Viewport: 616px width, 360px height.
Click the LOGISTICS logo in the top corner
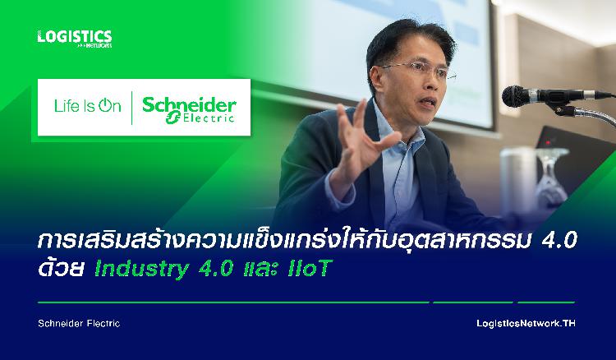pos(75,39)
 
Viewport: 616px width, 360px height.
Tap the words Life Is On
pos(88,106)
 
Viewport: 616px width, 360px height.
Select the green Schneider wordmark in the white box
pos(189,104)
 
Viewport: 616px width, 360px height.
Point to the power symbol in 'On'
pos(104,105)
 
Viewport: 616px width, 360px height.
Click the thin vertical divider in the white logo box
pos(131,108)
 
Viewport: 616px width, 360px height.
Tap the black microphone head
pos(516,96)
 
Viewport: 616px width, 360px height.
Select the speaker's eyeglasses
pos(418,70)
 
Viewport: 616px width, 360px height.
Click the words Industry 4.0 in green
pos(164,269)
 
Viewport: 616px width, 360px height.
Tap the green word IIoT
pos(310,268)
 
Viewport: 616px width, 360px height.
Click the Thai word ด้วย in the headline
pos(61,268)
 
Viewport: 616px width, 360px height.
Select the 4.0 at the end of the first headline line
pos(559,241)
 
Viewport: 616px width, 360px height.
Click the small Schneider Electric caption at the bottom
pos(79,324)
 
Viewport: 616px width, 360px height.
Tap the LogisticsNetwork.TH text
pos(526,324)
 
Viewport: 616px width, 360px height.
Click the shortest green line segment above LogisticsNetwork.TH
pos(546,302)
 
